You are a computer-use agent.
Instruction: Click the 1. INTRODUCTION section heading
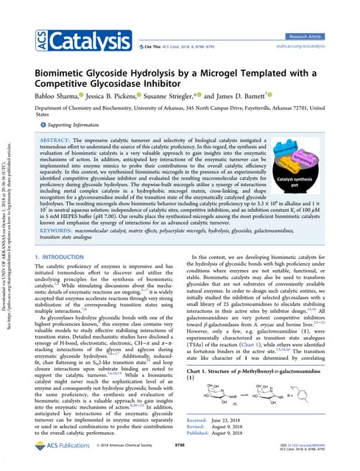(x=62, y=235)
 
